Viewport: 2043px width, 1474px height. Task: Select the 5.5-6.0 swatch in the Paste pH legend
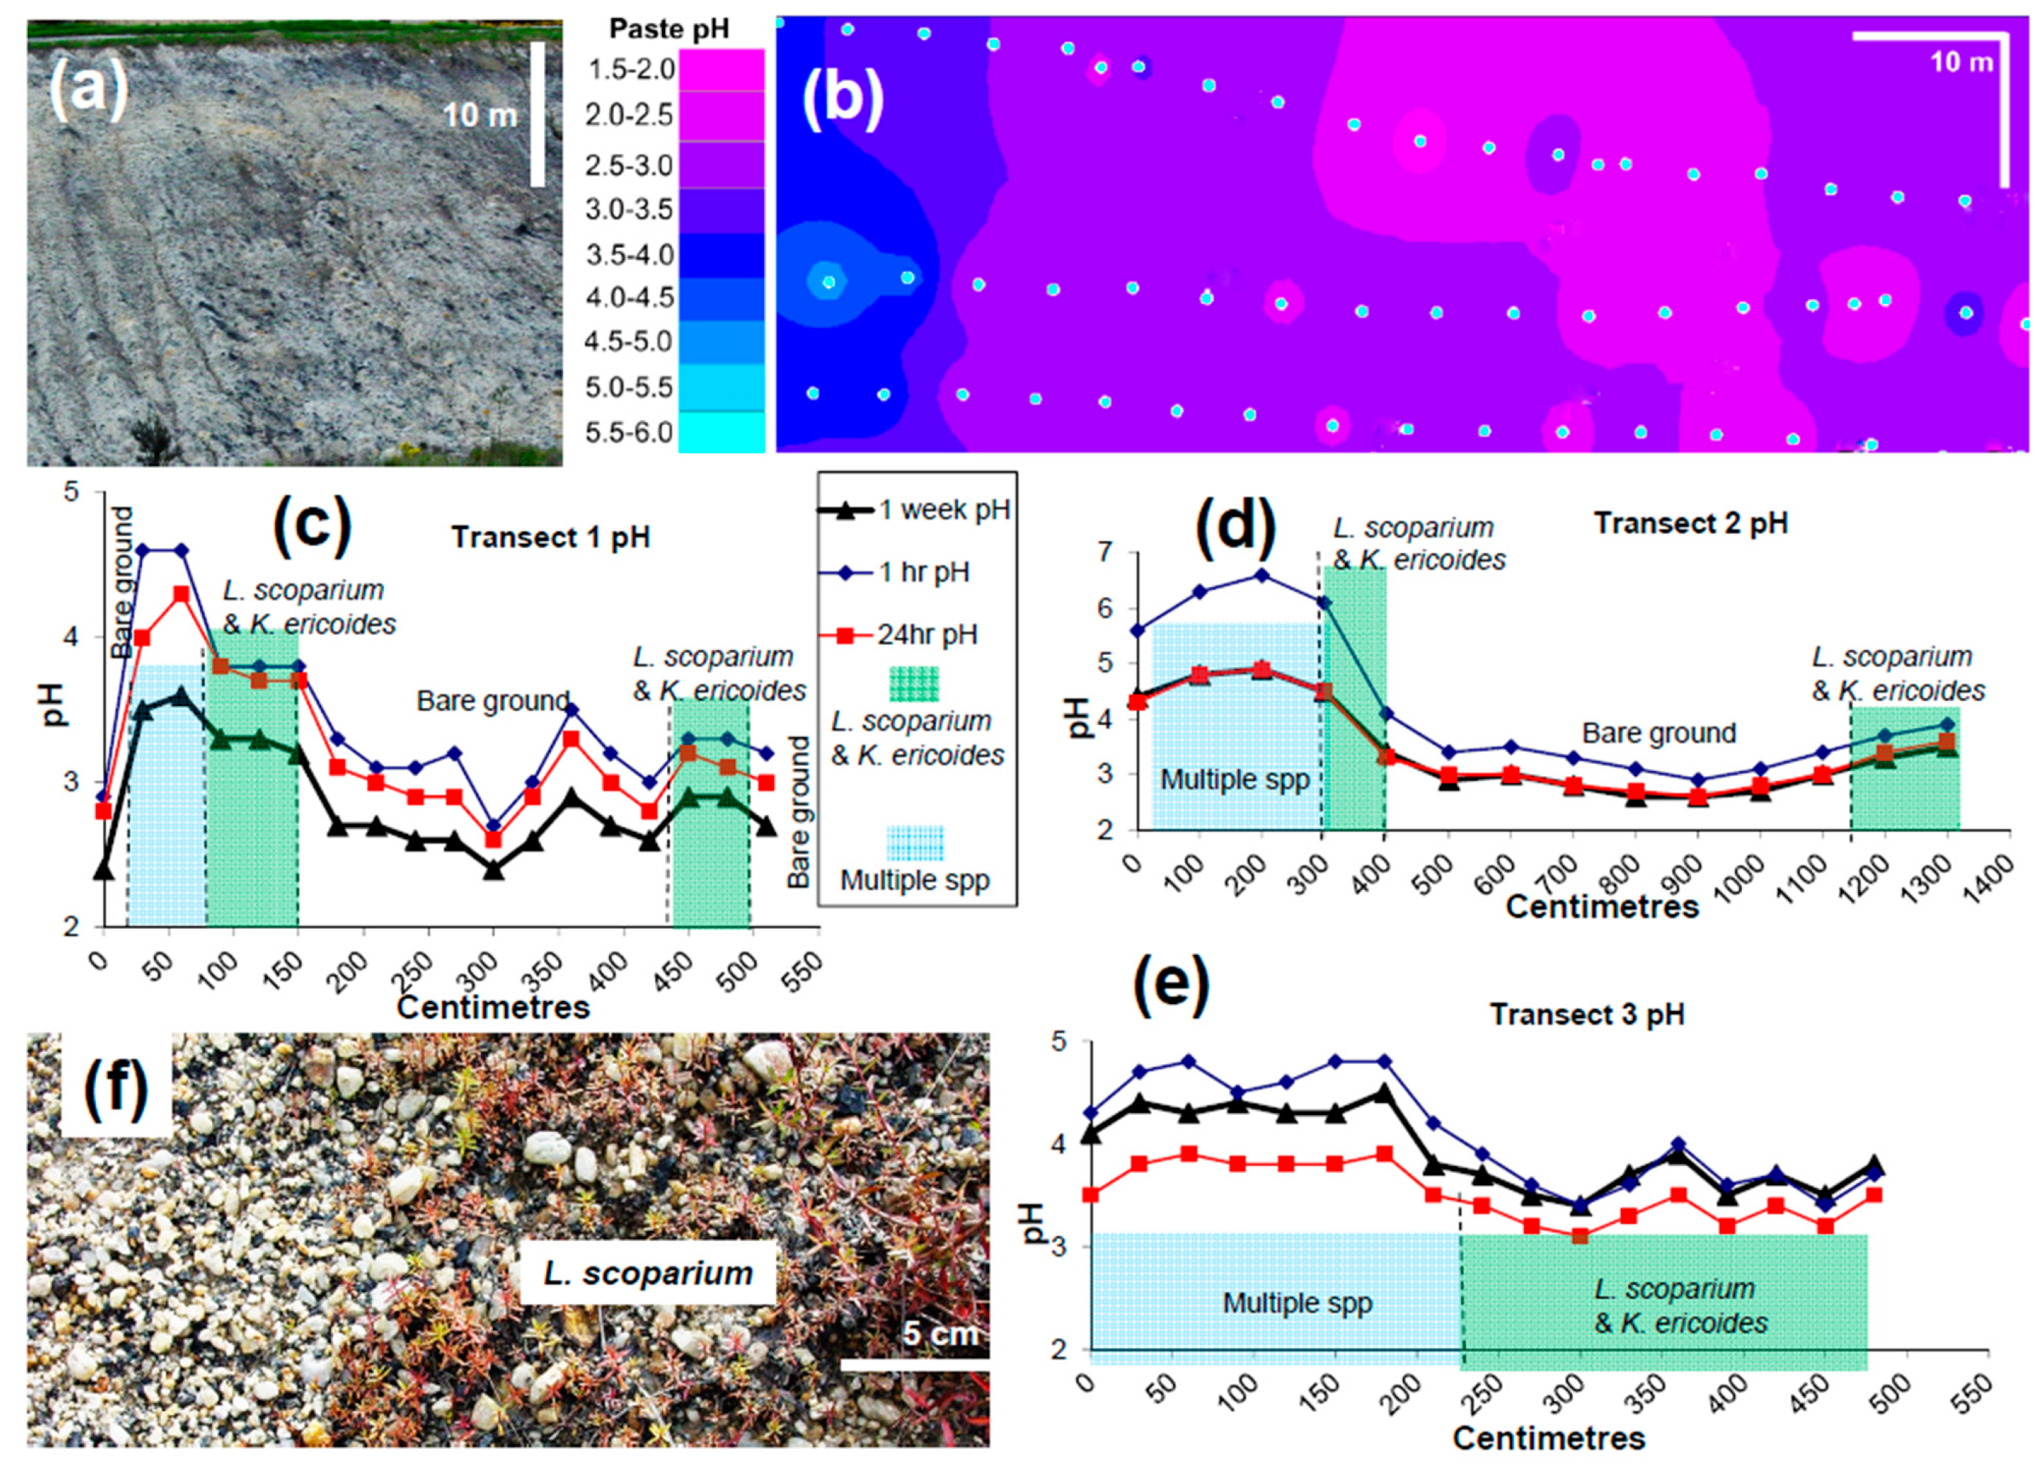[x=721, y=431]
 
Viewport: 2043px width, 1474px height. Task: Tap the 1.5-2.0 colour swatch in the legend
[x=721, y=70]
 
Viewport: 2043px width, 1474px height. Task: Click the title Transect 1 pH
[x=550, y=538]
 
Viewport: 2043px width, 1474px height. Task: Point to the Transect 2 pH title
[x=1690, y=524]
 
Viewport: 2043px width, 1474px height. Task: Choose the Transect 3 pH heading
[x=1587, y=1015]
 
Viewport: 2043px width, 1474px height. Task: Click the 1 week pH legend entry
[x=943, y=511]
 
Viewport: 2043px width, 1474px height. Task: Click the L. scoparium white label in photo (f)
[x=648, y=1273]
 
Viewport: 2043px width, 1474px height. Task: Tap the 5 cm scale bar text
[x=939, y=1334]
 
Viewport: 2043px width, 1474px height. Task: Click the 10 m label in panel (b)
[x=1961, y=62]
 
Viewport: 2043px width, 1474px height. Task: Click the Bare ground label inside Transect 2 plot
[x=1658, y=733]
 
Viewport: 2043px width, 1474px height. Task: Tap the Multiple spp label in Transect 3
[x=1296, y=1303]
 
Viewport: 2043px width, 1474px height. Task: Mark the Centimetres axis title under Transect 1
[x=493, y=1006]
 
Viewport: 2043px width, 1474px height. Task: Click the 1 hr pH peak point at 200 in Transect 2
[x=1261, y=575]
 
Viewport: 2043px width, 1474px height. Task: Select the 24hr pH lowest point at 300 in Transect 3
[x=1579, y=1237]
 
